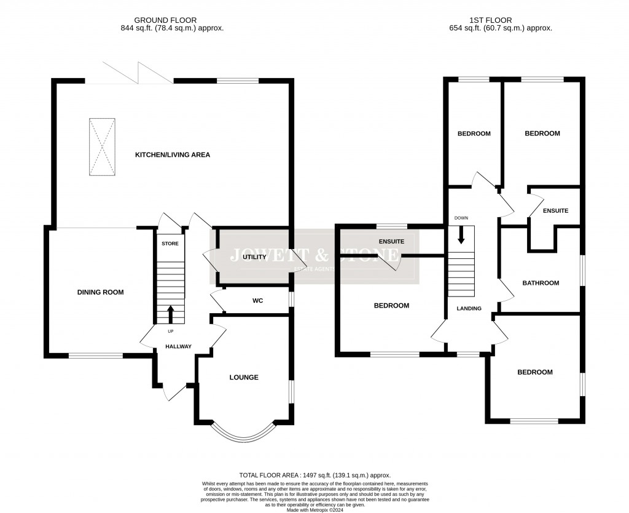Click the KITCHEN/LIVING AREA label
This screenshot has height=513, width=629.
(x=173, y=155)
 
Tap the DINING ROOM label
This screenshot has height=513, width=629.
(x=100, y=292)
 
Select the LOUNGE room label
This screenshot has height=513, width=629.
(x=244, y=377)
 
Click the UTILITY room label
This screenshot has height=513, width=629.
(x=254, y=257)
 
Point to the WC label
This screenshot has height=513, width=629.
(x=257, y=301)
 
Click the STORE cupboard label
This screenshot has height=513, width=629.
(x=170, y=244)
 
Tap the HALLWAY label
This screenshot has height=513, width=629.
(x=178, y=346)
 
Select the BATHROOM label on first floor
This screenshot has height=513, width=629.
(x=541, y=283)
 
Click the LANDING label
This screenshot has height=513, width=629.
(x=469, y=308)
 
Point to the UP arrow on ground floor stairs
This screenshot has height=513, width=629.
(x=171, y=313)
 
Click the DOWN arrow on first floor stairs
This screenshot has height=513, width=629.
(x=461, y=234)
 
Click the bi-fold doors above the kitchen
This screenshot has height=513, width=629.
(x=138, y=73)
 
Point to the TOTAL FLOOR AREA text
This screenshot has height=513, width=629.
(x=314, y=475)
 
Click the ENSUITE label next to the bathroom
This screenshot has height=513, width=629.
(x=555, y=211)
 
